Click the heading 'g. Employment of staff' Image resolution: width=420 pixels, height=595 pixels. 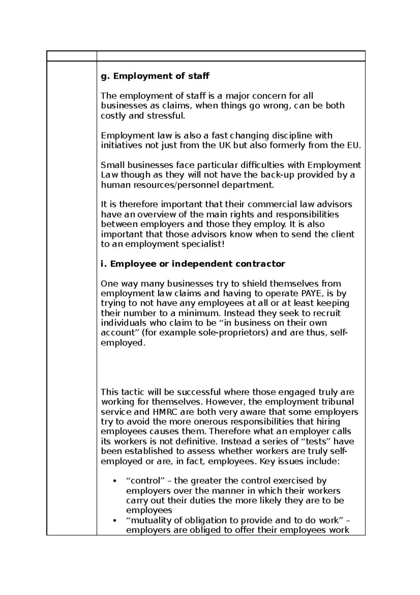[x=155, y=76]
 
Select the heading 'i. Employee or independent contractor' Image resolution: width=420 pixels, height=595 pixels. [x=192, y=264]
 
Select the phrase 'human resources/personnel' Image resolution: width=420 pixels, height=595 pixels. [x=160, y=185]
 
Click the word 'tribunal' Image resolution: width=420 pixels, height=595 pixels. [x=337, y=402]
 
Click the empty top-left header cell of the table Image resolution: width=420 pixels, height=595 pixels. [x=71, y=56]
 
